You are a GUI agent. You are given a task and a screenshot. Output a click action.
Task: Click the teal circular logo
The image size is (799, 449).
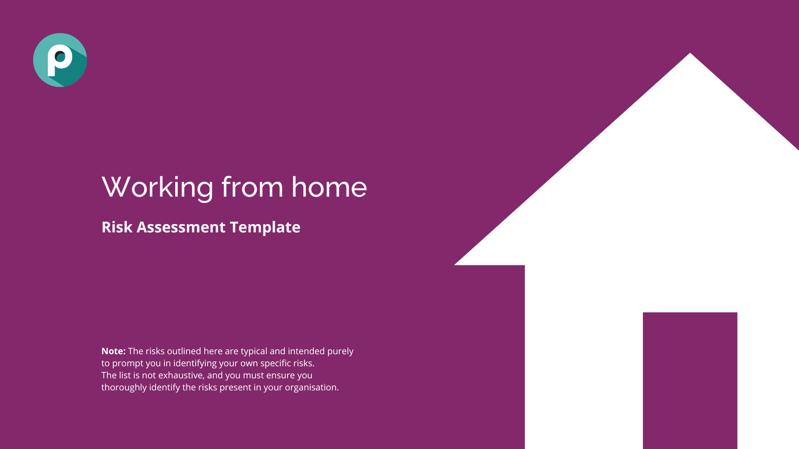tap(60, 60)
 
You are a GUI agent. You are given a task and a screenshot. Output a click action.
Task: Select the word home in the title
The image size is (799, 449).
tap(329, 187)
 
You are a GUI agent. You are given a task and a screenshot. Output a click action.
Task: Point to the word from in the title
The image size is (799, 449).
tap(253, 187)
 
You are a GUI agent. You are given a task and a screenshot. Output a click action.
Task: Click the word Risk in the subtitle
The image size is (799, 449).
tap(117, 227)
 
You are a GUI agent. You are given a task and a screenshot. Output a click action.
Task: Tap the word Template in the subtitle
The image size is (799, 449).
tap(265, 227)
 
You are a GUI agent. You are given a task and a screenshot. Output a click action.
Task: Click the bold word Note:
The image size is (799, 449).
tap(114, 351)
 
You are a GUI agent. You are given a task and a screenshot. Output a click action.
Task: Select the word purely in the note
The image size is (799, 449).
tap(340, 352)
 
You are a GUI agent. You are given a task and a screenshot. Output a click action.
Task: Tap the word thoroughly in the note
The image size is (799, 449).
tap(124, 388)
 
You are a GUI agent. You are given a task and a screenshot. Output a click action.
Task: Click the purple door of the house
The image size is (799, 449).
tap(690, 380)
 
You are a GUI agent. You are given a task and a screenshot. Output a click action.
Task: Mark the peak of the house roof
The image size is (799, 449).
tap(690, 53)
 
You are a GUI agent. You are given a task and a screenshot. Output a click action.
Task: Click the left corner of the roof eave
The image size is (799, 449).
tap(454, 265)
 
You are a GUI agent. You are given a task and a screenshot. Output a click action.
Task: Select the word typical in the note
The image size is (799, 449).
tap(254, 352)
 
